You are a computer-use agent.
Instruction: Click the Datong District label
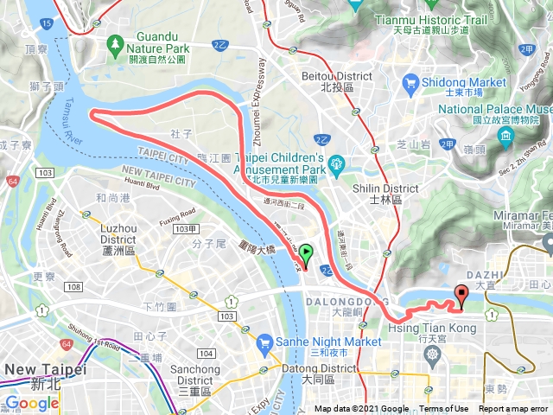pyautogui.click(x=321, y=373)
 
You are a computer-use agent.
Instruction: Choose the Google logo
pyautogui.click(x=32, y=403)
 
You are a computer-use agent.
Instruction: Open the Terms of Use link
pyautogui.click(x=444, y=409)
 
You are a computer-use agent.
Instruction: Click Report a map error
pyautogui.click(x=514, y=409)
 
